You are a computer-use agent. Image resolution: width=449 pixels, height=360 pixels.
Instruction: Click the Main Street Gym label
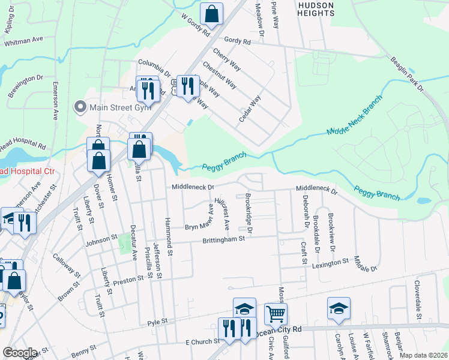(x=119, y=108)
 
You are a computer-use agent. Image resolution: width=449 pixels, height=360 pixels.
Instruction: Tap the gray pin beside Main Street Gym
(x=79, y=108)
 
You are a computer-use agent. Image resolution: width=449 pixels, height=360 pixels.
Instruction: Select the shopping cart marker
(x=276, y=313)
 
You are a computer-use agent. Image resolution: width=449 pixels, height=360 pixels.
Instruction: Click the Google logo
(x=20, y=353)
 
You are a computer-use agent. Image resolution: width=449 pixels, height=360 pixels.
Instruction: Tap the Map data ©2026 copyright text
(x=423, y=355)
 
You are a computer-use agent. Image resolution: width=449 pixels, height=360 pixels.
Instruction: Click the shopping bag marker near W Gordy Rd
(x=211, y=13)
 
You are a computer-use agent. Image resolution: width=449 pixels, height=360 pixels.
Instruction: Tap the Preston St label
(x=133, y=278)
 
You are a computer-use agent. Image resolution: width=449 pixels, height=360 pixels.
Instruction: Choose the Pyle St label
(x=157, y=323)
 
